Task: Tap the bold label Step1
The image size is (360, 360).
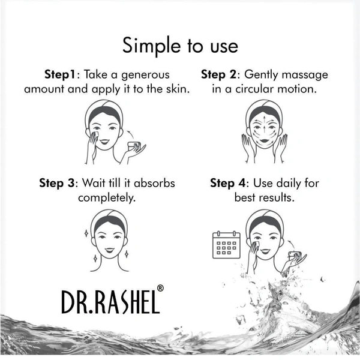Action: pos(59,74)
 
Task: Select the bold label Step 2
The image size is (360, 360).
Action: pos(218,74)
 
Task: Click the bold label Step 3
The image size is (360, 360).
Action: pos(57,183)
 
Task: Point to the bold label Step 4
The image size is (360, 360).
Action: pos(228,183)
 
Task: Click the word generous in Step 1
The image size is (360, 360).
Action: pos(145,76)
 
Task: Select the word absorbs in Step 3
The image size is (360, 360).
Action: pos(154,183)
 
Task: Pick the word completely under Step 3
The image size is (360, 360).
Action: pos(107,198)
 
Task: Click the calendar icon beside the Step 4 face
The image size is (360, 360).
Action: pos(226,245)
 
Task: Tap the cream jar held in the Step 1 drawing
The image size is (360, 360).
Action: pos(134,146)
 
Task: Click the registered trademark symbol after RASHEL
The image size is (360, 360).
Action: pos(160,289)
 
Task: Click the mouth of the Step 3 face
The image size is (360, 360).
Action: pos(109,250)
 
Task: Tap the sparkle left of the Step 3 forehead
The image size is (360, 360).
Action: pos(86,233)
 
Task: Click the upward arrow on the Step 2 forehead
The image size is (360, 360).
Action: pos(265,120)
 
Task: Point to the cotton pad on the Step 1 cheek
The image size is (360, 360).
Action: pos(96,134)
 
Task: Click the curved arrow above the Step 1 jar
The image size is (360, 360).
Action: pos(130,134)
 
